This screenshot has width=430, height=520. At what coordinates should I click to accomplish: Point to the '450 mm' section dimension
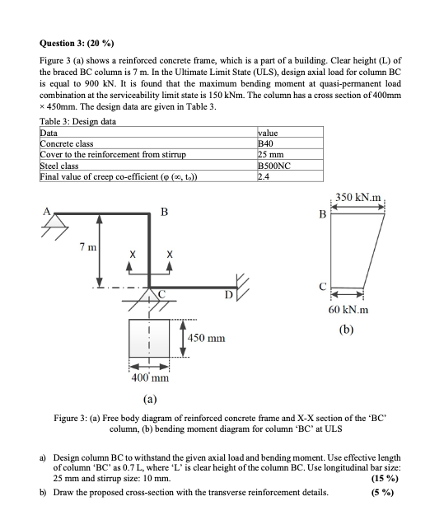pyautogui.click(x=208, y=338)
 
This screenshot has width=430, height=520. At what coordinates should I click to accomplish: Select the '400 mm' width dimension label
pyautogui.click(x=150, y=378)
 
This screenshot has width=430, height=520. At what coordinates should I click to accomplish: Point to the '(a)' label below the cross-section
pyautogui.click(x=151, y=400)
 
